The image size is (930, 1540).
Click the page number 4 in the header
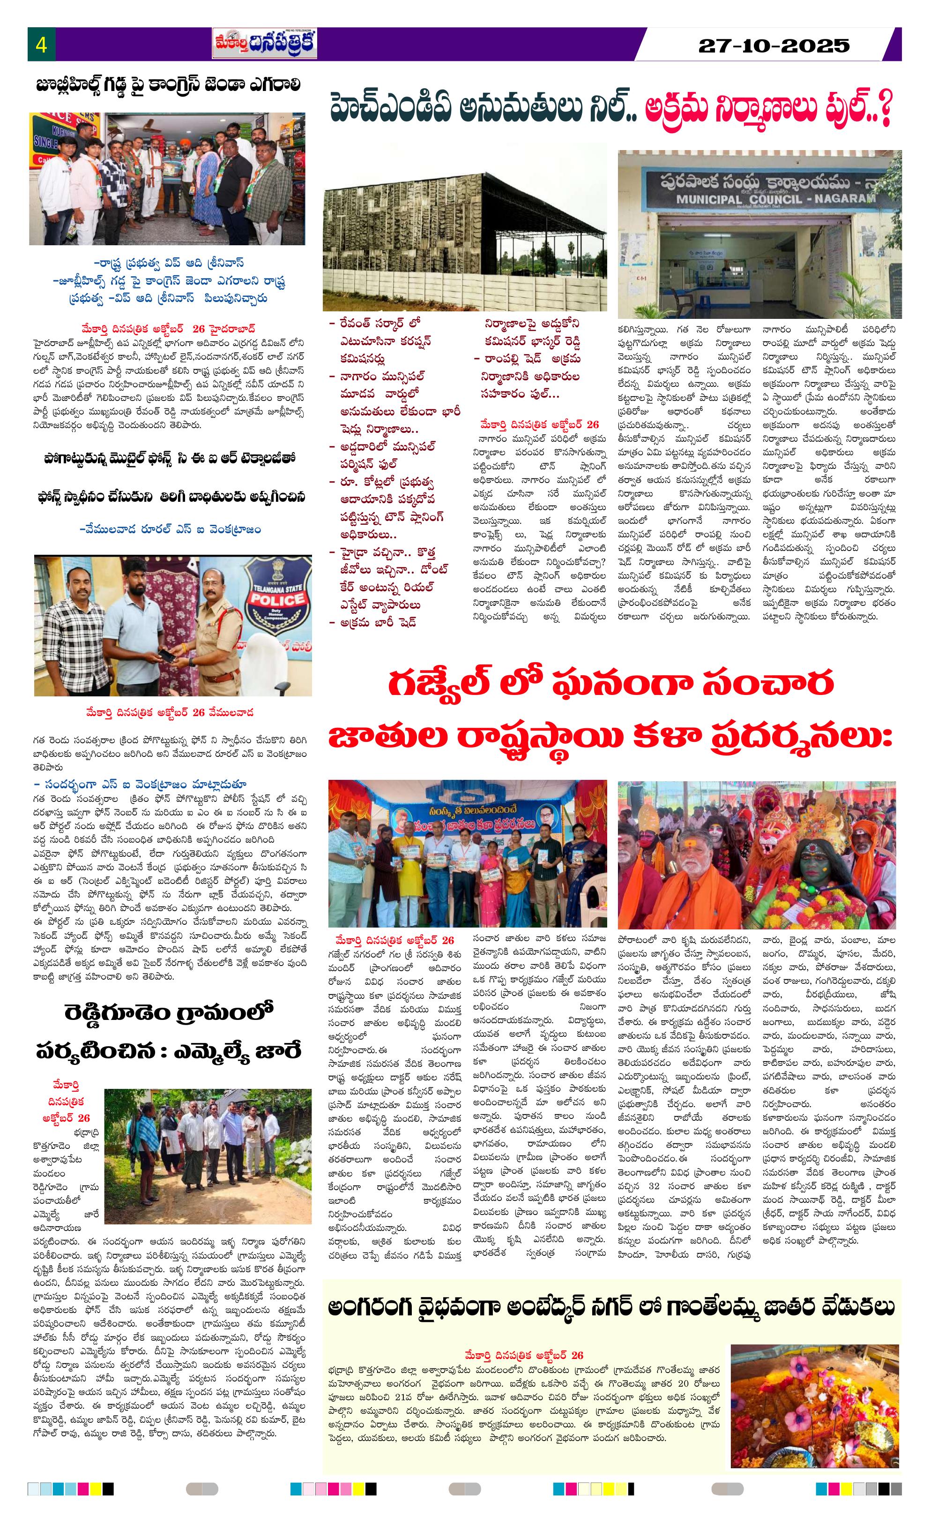[x=42, y=45]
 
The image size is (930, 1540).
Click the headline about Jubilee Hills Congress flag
[x=169, y=85]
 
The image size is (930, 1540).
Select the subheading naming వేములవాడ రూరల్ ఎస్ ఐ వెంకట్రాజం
[x=170, y=529]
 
